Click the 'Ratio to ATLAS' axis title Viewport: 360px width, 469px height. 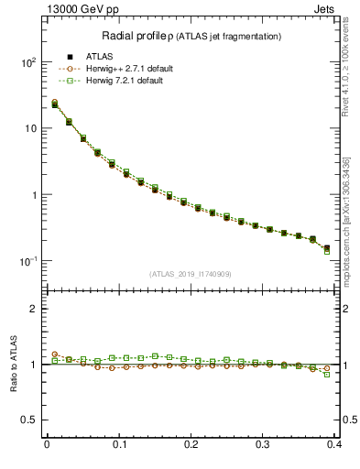[14, 365]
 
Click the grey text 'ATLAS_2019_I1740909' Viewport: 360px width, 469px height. [191, 274]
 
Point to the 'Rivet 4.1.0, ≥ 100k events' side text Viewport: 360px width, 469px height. [344, 64]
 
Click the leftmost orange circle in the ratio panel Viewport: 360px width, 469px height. [55, 354]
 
